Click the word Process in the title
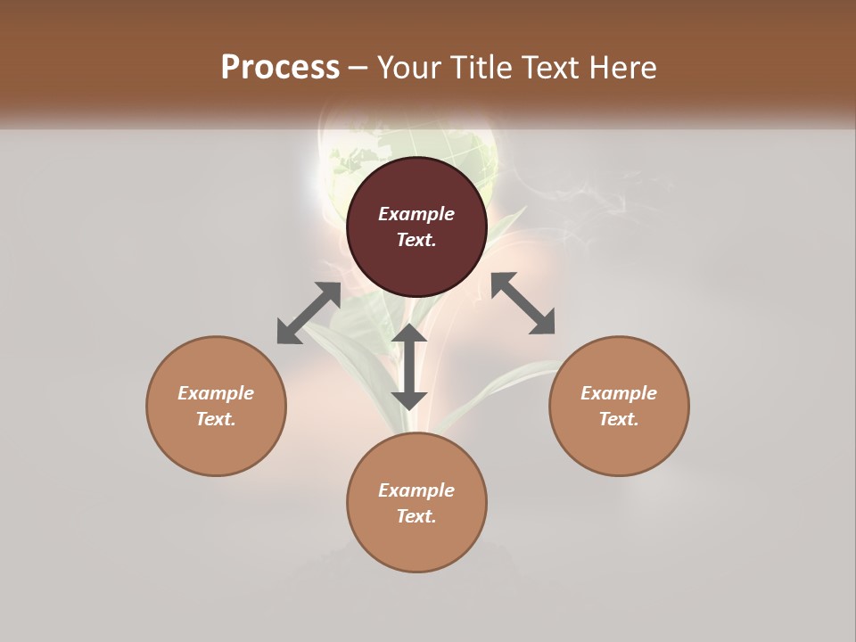tap(280, 68)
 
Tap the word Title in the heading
tap(481, 68)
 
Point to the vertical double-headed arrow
tap(409, 366)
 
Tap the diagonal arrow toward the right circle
tap(523, 303)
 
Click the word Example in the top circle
tap(416, 214)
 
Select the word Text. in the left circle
tap(216, 419)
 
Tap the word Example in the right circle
tap(619, 393)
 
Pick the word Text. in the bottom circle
tap(416, 516)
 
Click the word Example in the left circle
tap(216, 393)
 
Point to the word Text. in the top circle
tap(416, 240)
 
